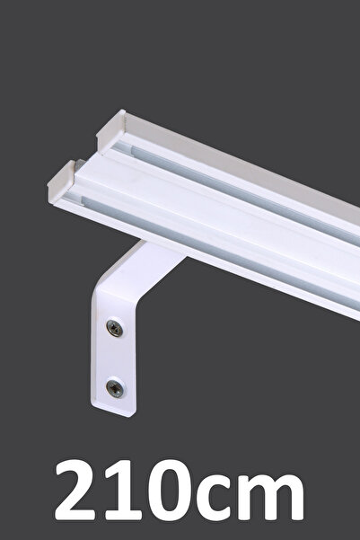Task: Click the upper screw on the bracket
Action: [115, 328]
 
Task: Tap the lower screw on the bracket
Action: [115, 389]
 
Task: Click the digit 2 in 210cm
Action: [75, 490]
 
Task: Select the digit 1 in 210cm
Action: [122, 490]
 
